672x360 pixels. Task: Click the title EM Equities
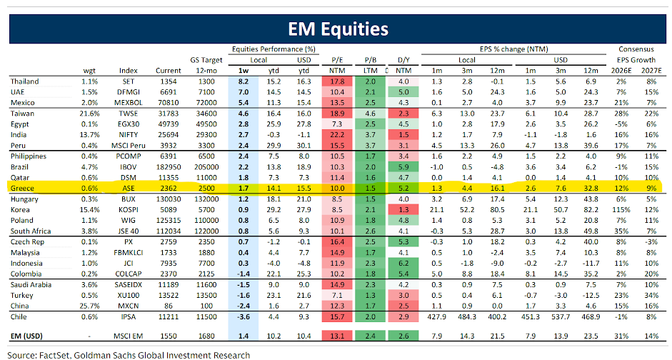338,29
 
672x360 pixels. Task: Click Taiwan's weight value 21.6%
89,114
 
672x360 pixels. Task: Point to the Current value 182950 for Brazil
168,166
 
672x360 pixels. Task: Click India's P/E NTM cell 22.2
338,134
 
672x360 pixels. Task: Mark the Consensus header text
635,49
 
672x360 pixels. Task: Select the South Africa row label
30,231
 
